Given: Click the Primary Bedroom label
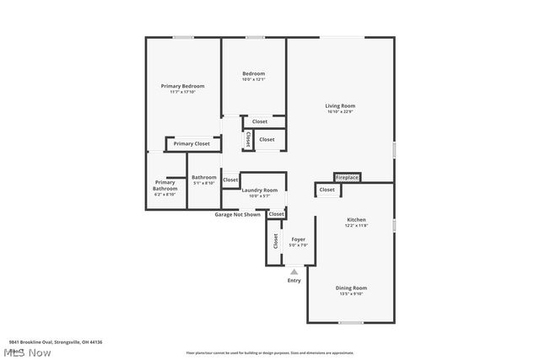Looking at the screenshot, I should coord(183,85).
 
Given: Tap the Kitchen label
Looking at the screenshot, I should coord(356,220).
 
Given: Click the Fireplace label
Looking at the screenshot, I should coord(348,178).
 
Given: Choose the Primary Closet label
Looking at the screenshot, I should coord(192,144).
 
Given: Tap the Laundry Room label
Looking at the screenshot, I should coord(259,191).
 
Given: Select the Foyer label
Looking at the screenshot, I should coord(299,239).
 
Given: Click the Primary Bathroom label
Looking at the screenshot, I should coord(165,185).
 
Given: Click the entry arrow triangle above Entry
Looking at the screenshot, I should coord(294,271).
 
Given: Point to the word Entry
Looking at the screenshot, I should coord(294,280).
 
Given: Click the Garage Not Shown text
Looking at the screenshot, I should coord(237,214).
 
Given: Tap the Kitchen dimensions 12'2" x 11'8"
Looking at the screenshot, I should coord(356,226).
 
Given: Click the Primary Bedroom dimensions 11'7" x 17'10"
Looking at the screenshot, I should coord(183,91).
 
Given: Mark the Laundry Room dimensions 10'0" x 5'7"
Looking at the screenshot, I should coord(259,196).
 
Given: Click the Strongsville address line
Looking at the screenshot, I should coord(56,342).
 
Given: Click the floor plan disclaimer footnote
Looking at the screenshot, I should coord(270,352).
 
